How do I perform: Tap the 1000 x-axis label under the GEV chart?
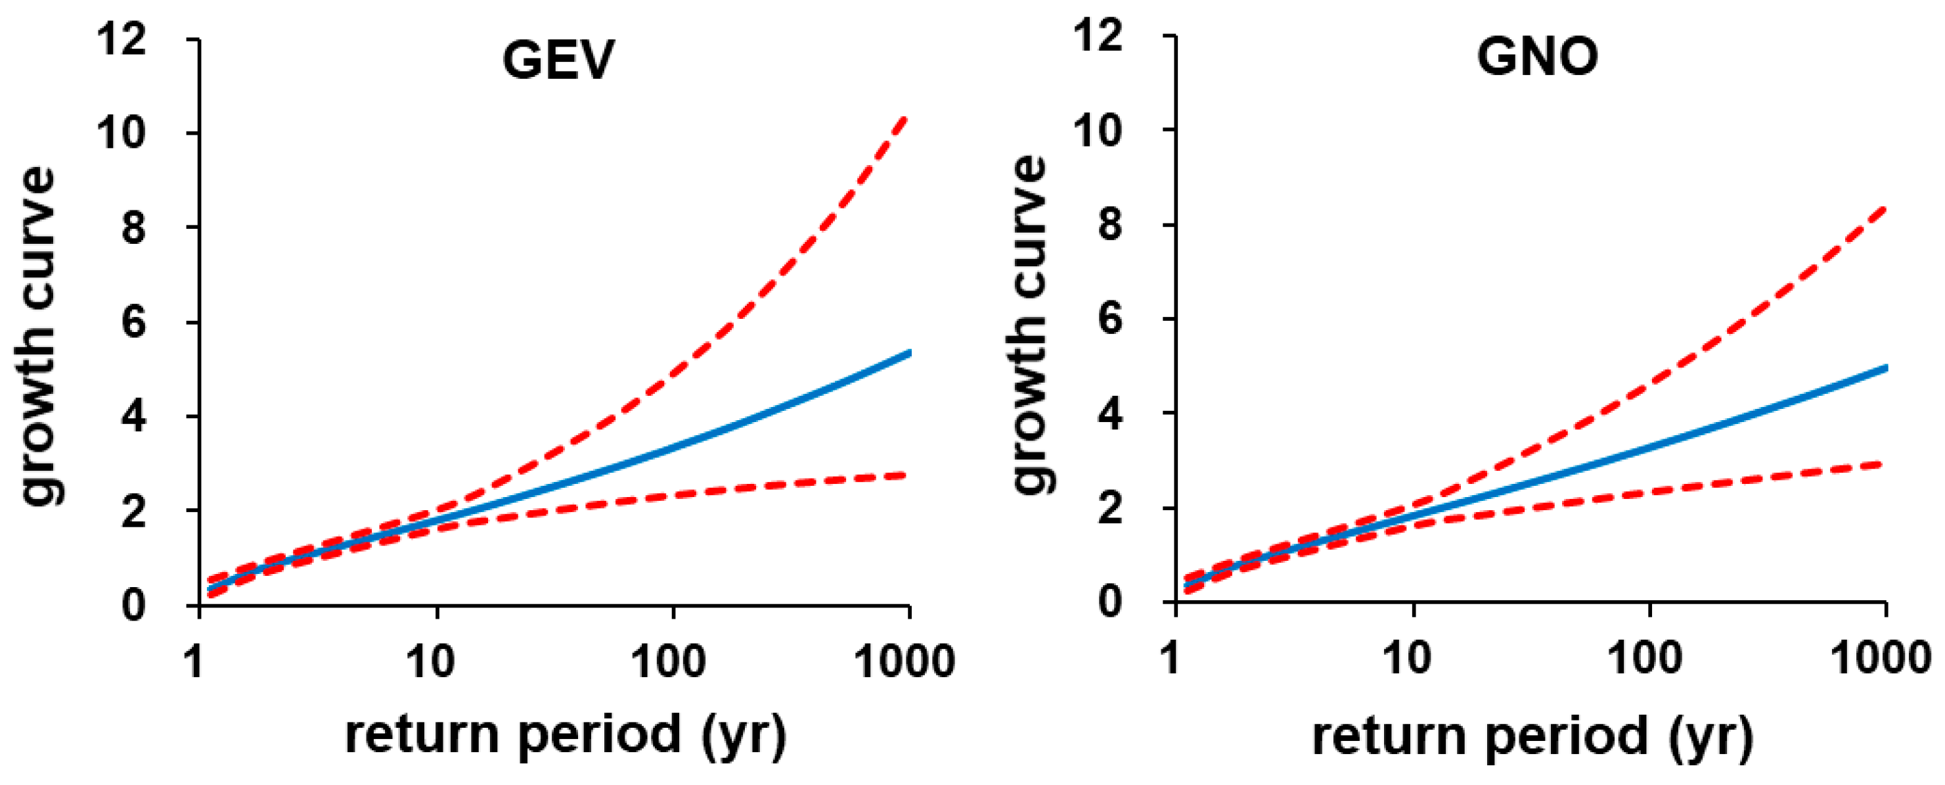(x=905, y=661)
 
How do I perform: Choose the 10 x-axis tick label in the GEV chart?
(x=430, y=661)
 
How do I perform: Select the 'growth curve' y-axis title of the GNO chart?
(x=1030, y=325)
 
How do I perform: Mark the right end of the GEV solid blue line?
(x=910, y=353)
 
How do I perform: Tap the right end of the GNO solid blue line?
(x=1886, y=368)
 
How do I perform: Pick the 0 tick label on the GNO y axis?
(x=1111, y=602)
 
